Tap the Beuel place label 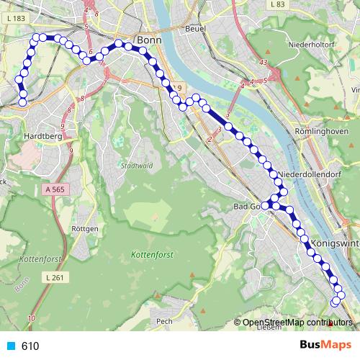pyautogui.click(x=195, y=28)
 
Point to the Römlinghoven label pyautogui.click(x=322, y=132)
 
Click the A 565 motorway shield pyautogui.click(x=54, y=189)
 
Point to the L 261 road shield pyautogui.click(x=54, y=277)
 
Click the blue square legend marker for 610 pyautogui.click(x=9, y=346)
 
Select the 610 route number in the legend pyautogui.click(x=30, y=346)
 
